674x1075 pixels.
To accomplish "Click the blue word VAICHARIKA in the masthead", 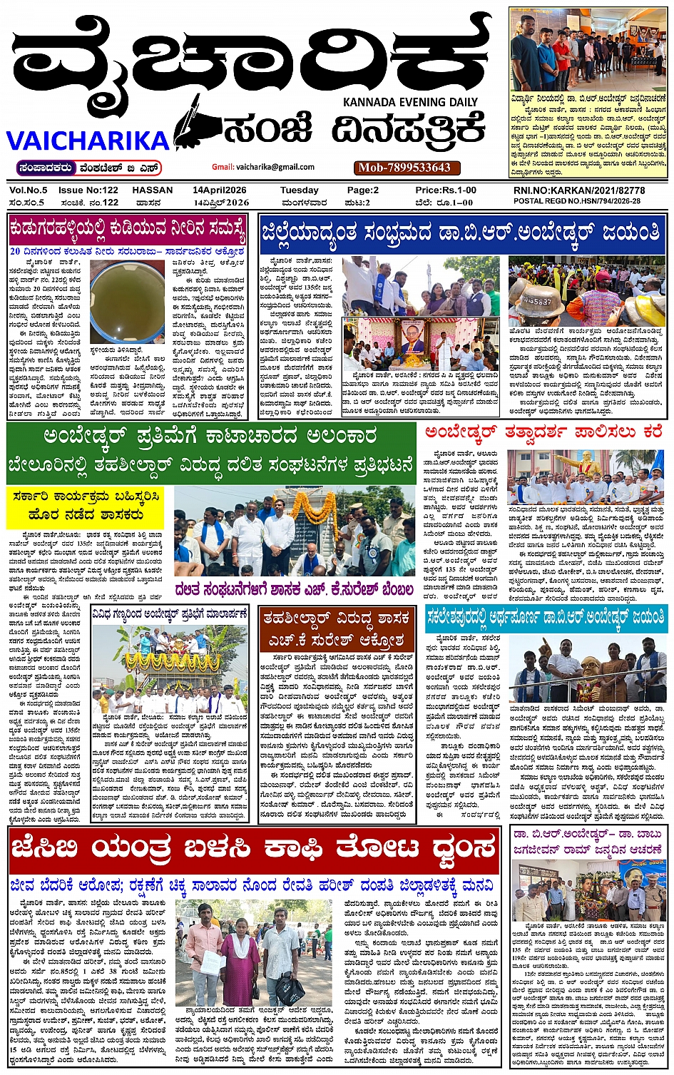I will [88, 140].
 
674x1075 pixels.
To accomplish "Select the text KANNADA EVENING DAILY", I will [410, 102].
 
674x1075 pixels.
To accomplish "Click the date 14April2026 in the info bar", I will [220, 190].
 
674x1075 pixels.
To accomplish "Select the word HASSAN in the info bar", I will [153, 190].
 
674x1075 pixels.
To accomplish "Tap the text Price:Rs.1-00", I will [446, 190].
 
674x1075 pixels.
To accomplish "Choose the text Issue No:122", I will [88, 190].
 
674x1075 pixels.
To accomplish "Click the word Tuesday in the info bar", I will [299, 190].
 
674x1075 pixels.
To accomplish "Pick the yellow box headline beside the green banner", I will [85, 505].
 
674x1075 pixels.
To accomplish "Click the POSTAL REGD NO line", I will [576, 201].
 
